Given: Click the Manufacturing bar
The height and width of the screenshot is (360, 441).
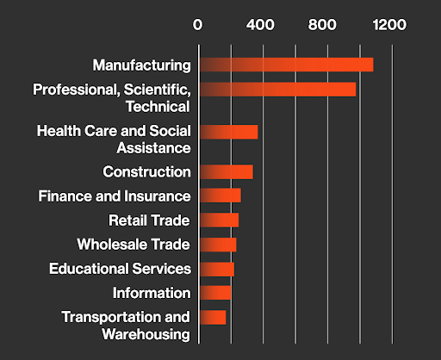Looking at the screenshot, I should pos(286,65).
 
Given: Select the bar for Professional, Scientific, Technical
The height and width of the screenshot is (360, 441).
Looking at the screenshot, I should pos(277,90).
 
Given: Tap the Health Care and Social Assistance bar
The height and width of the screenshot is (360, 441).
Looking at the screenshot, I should pos(228,132).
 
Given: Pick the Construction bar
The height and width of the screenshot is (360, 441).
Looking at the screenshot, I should pos(226,171).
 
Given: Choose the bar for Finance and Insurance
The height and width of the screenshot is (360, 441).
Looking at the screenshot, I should pos(220,196).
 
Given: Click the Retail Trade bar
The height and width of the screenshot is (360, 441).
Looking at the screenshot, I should pos(219,220).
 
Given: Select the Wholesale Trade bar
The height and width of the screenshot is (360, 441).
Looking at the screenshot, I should pos(217,245).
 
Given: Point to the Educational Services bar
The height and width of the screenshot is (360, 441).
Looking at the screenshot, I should pos(216,269).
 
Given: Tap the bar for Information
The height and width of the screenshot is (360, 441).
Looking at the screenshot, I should pos(214,293).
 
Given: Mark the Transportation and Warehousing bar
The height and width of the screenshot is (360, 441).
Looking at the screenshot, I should pos(212,317).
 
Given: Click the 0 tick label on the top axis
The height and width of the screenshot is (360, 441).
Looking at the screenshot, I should pos(198,26).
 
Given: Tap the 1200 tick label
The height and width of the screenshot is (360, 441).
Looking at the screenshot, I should pos(389,26).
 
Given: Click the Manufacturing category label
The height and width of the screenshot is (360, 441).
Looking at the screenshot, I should pos(141,65).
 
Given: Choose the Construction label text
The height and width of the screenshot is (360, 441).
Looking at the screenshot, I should pos(146,171).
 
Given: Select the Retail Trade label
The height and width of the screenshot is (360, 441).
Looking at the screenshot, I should pos(149,220).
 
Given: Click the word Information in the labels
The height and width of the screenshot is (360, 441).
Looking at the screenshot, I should pos(152,293).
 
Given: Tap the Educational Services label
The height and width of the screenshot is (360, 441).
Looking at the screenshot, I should pos(120,269).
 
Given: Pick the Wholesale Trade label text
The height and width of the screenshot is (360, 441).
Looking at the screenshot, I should pos(134,245).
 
